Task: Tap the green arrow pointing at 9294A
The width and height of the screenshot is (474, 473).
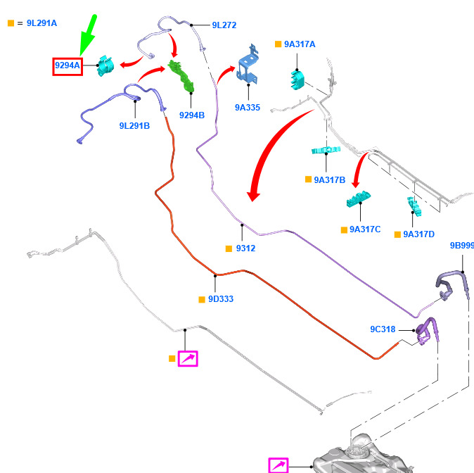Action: coord(88,35)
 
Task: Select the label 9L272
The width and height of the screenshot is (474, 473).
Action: coord(224,25)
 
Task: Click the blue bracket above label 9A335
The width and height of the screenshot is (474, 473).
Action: coord(248,64)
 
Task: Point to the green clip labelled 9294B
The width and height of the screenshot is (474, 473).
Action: coord(181,75)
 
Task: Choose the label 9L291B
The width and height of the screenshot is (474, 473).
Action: coord(134,125)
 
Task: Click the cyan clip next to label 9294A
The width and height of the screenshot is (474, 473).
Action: coord(105,65)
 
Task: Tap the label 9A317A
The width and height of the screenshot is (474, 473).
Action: coord(300,44)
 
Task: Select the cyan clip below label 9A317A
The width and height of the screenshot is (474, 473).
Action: coord(297,80)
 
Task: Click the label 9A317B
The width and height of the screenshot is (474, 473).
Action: coord(330,179)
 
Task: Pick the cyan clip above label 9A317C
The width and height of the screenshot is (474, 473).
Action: coord(359,199)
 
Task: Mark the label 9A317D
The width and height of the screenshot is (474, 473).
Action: coord(418,234)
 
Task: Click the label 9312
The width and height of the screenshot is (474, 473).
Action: coord(245,248)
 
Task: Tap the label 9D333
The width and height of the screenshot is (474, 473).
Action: coord(221,299)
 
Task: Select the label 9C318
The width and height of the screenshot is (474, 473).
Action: coord(383,329)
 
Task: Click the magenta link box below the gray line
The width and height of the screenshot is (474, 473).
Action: coord(188,358)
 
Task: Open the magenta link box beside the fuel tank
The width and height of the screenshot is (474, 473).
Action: coord(278,465)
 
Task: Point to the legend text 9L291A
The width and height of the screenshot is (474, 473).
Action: coord(41,23)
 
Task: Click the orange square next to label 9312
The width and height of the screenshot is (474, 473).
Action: coord(229,248)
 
